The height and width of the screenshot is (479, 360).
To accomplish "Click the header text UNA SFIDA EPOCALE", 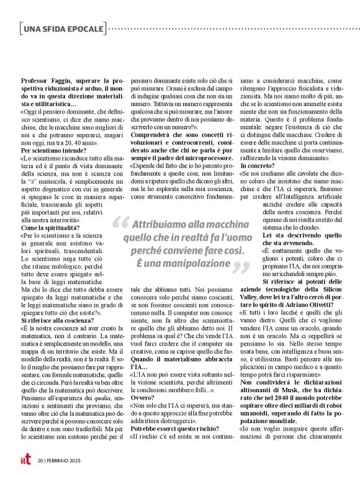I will [63, 29].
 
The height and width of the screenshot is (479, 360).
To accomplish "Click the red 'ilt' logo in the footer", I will [25, 460].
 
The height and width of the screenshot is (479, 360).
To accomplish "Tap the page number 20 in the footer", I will [40, 460].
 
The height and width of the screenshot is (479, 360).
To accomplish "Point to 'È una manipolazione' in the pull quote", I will [181, 263].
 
